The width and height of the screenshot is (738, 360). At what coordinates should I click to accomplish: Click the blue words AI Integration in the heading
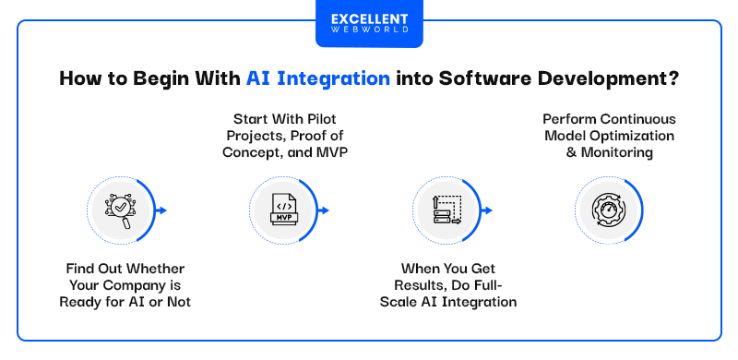(317, 79)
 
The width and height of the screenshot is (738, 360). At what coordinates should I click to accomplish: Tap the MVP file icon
(281, 210)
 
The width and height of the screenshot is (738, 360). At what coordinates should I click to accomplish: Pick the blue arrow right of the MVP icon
(325, 210)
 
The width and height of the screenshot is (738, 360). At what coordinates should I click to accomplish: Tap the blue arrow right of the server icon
(487, 210)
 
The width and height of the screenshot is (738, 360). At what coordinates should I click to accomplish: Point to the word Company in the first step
(122, 284)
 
